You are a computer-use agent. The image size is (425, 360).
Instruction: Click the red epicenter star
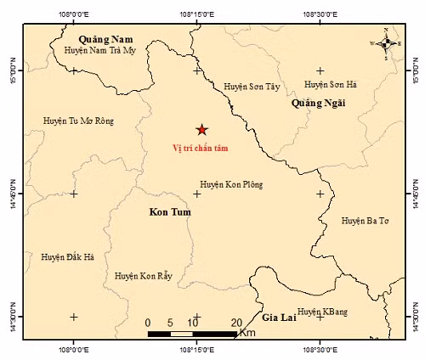click(x=201, y=130)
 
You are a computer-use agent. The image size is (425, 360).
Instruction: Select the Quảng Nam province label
click(x=106, y=39)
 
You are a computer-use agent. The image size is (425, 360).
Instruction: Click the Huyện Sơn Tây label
click(x=251, y=87)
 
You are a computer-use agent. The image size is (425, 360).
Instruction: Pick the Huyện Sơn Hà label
click(x=330, y=85)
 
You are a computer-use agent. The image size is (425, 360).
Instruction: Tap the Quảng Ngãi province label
click(x=319, y=103)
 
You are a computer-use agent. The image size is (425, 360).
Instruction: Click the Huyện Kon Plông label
click(x=231, y=184)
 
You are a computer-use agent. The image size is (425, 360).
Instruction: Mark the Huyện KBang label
click(x=321, y=312)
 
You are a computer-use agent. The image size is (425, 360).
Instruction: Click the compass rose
click(x=386, y=42)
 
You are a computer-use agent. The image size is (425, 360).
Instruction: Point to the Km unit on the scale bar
click(x=247, y=333)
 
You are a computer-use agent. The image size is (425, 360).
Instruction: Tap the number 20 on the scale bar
click(x=236, y=322)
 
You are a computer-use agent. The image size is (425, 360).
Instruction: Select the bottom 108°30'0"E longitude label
click(x=320, y=348)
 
